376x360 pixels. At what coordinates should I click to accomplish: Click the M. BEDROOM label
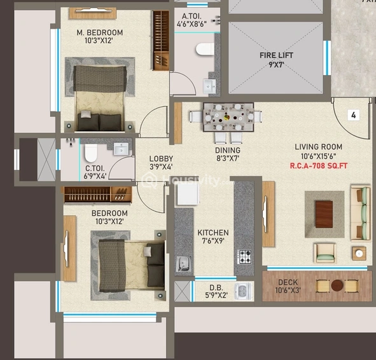pyautogui.click(x=100, y=32)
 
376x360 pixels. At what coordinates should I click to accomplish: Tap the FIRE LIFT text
pyautogui.click(x=276, y=55)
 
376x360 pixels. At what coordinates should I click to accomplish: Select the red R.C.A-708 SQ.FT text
pyautogui.click(x=319, y=165)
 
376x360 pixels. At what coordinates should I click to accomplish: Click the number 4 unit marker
pyautogui.click(x=354, y=115)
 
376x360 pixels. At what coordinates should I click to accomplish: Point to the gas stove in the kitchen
pyautogui.click(x=244, y=257)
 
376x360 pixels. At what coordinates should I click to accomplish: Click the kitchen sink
pyautogui.click(x=184, y=264)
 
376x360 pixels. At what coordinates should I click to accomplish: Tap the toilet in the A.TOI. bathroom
pyautogui.click(x=205, y=49)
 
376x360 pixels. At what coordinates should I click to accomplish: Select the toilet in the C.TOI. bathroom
pyautogui.click(x=91, y=153)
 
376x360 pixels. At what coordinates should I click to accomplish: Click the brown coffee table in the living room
pyautogui.click(x=324, y=214)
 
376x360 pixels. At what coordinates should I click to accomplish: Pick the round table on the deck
pyautogui.click(x=337, y=286)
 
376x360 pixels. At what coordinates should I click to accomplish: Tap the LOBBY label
pyautogui.click(x=161, y=158)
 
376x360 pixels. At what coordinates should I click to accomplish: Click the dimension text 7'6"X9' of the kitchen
pyautogui.click(x=213, y=241)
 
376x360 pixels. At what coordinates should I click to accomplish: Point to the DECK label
pyautogui.click(x=288, y=282)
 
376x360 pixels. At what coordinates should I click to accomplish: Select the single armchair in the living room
pyautogui.click(x=325, y=253)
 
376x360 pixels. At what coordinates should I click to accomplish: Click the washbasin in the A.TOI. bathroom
pyautogui.click(x=209, y=87)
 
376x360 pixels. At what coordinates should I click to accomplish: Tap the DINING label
pyautogui.click(x=228, y=150)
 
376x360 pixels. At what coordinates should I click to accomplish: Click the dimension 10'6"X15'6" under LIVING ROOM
pyautogui.click(x=319, y=156)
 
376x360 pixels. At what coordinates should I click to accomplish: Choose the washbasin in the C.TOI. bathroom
pyautogui.click(x=121, y=149)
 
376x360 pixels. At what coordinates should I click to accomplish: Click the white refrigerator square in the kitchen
pyautogui.click(x=188, y=194)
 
